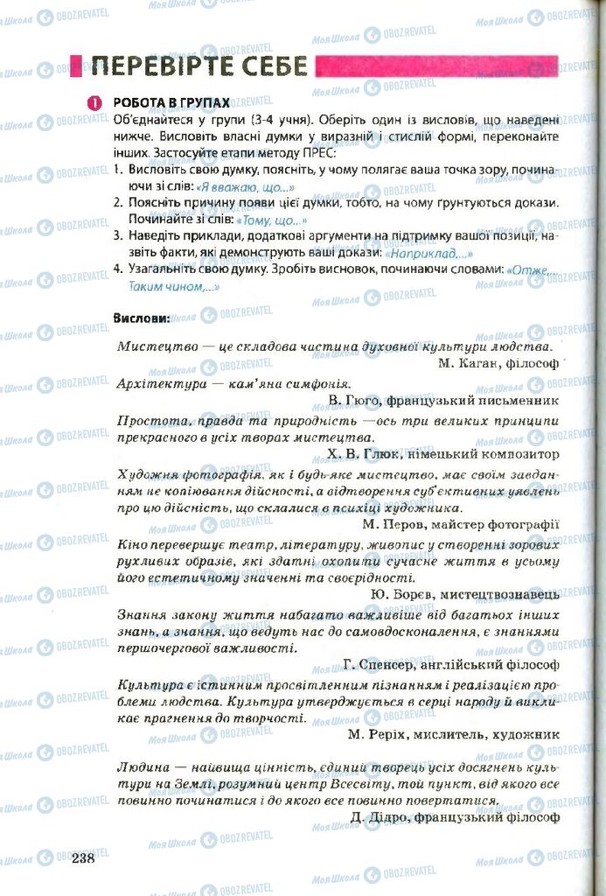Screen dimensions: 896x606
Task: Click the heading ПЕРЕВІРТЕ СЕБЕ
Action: coord(199,66)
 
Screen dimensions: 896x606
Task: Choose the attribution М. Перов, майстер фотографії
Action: coord(461,524)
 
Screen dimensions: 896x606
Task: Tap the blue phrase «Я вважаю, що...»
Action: coord(244,186)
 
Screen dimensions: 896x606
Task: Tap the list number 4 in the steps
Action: coord(117,269)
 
